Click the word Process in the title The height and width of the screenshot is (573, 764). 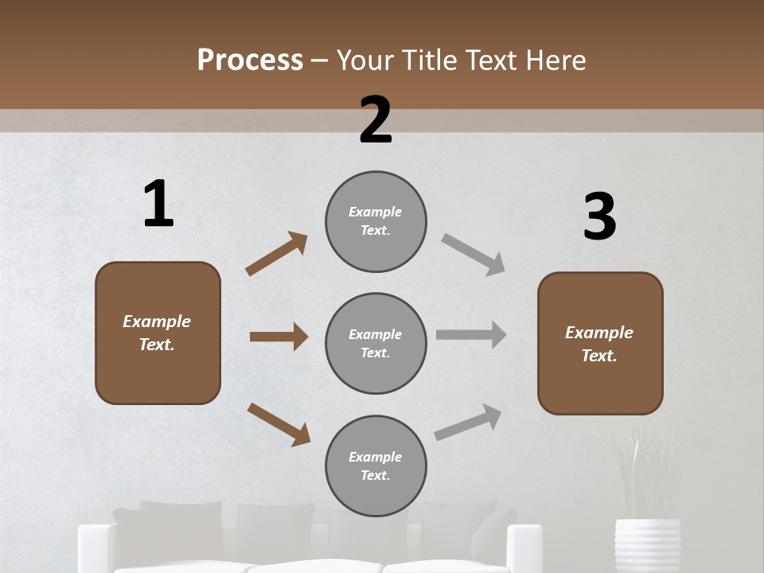pyautogui.click(x=250, y=60)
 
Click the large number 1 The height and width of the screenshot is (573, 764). pyautogui.click(x=158, y=205)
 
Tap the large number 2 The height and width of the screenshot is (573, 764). pyautogui.click(x=376, y=120)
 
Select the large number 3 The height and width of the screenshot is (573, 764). pyautogui.click(x=599, y=217)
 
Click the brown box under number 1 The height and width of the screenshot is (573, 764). pyautogui.click(x=158, y=333)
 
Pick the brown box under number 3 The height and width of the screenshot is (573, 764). pyautogui.click(x=600, y=344)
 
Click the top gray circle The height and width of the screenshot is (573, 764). pyautogui.click(x=376, y=221)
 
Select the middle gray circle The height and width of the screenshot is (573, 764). pyautogui.click(x=376, y=344)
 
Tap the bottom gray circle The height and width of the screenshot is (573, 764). pyautogui.click(x=376, y=466)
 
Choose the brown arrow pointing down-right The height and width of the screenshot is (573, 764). pyautogui.click(x=279, y=423)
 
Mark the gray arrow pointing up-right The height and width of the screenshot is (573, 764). pyautogui.click(x=468, y=422)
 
